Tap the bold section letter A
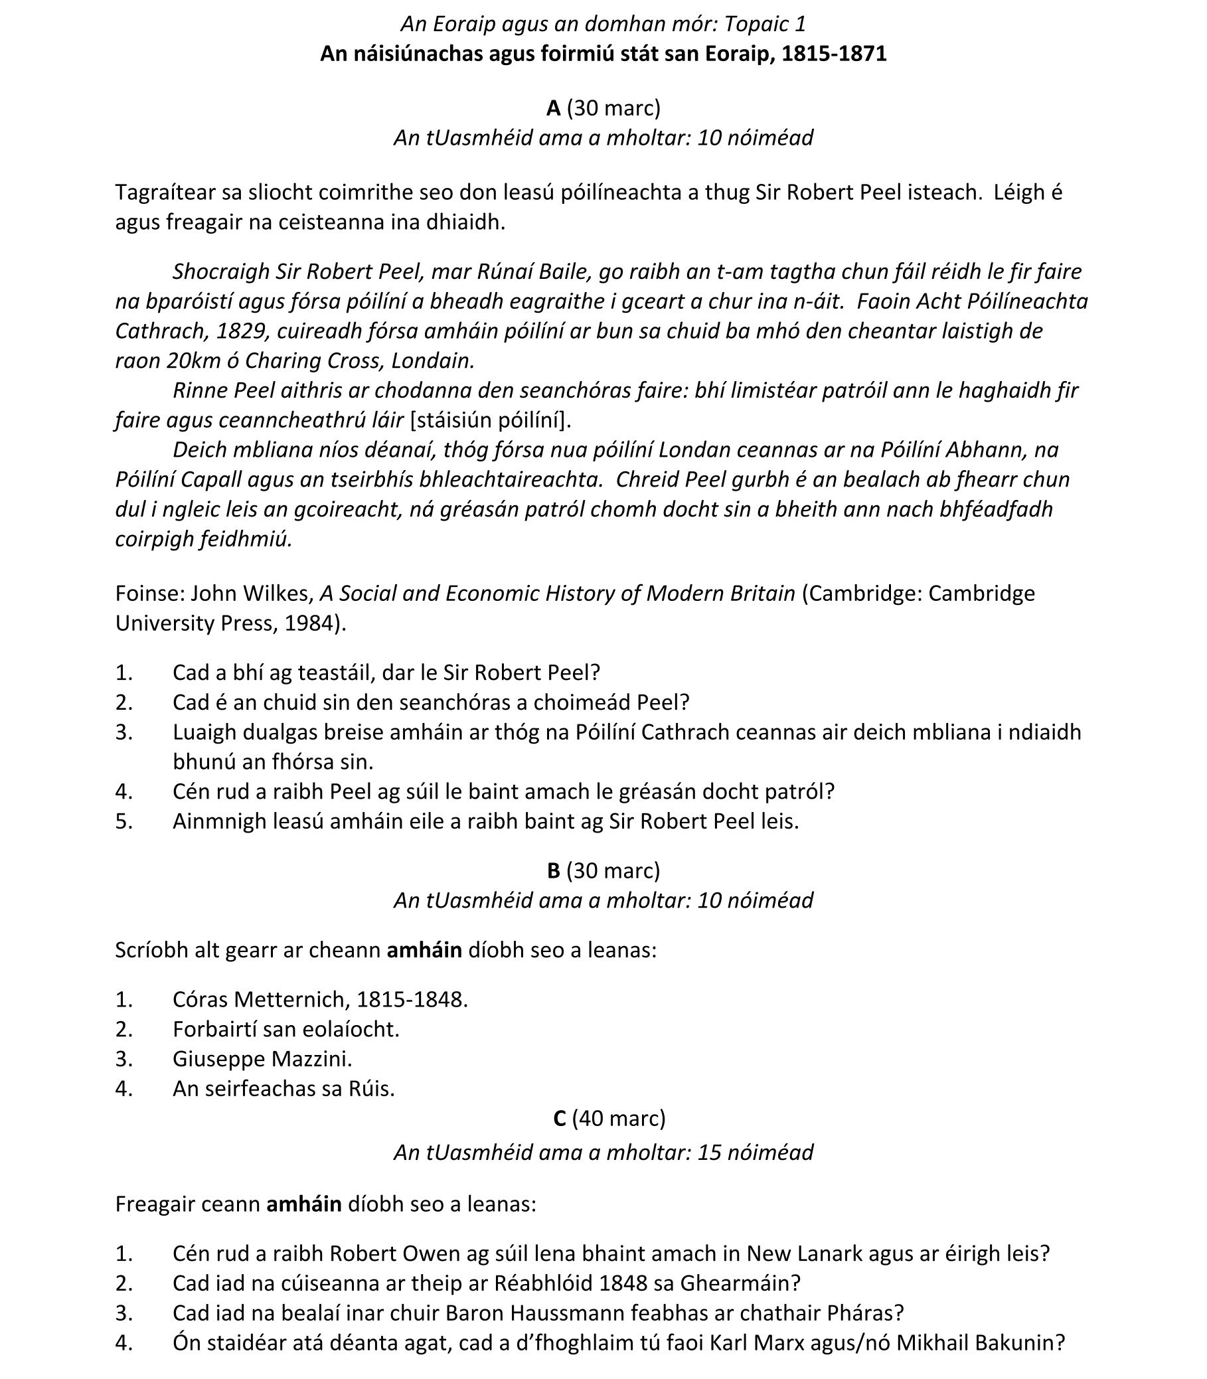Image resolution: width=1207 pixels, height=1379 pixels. coord(554,108)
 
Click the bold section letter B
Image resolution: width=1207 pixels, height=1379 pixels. coord(554,870)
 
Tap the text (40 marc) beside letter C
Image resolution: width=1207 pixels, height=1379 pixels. coord(618,1117)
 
